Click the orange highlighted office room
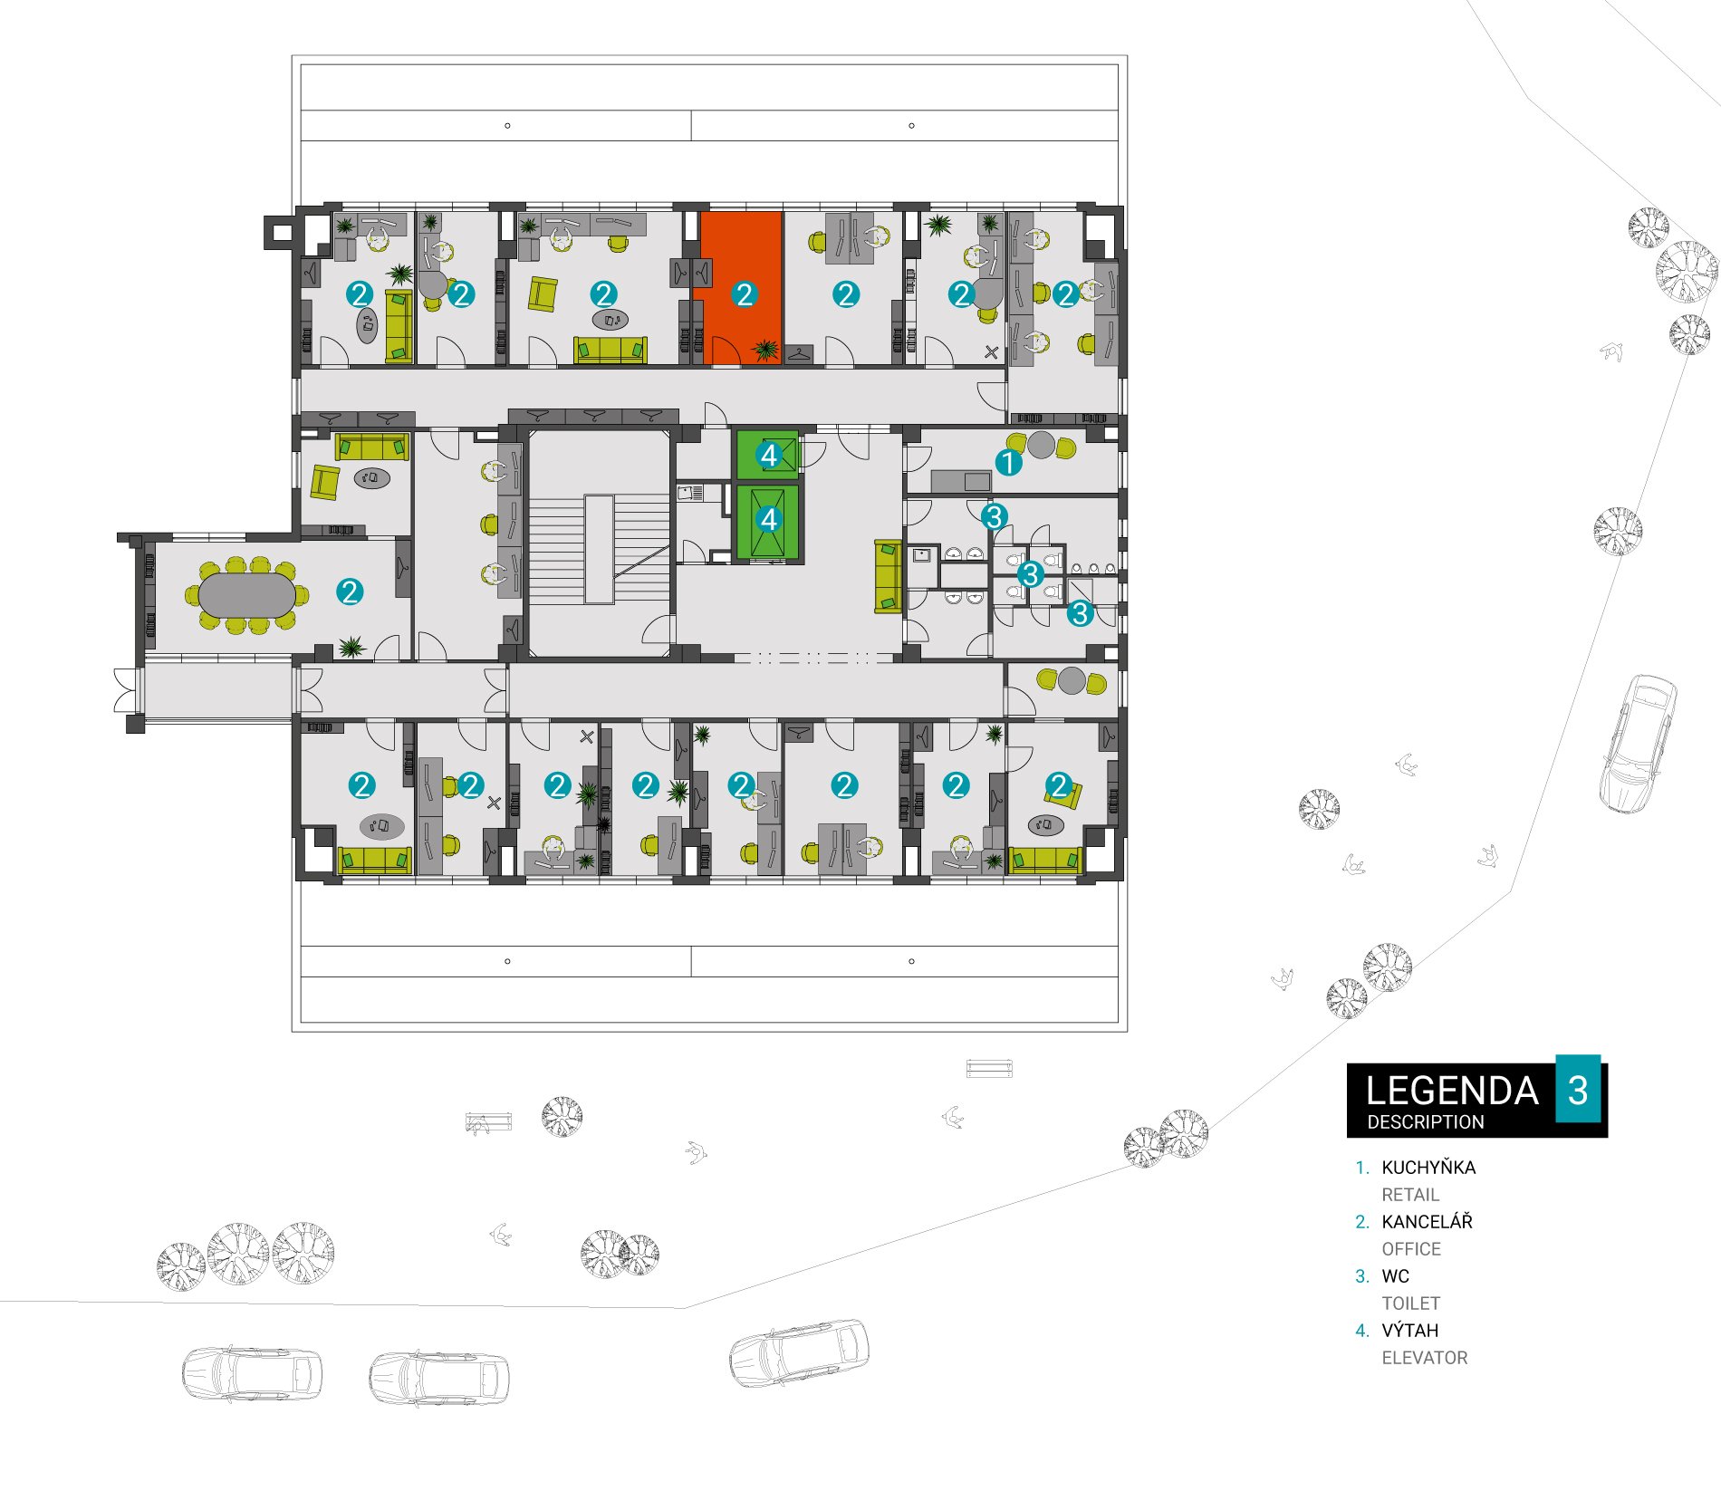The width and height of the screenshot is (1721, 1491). (741, 288)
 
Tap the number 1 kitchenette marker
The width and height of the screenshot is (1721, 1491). (1008, 463)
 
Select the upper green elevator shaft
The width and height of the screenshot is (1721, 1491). (768, 455)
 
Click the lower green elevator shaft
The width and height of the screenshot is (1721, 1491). (768, 520)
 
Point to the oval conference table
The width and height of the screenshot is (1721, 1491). (246, 595)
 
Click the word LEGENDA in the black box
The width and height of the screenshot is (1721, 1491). (1452, 1091)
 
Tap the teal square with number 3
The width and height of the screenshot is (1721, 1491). (1578, 1089)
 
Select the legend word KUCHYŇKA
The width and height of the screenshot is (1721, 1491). (1428, 1168)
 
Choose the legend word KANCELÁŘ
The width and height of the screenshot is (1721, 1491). (1427, 1222)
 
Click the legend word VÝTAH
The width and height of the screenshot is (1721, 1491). (1409, 1331)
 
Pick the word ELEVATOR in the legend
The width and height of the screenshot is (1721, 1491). (1424, 1358)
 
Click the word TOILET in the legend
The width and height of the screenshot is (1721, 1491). (1410, 1303)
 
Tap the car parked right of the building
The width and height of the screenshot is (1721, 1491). (1639, 743)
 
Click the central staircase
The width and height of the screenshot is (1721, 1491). (599, 549)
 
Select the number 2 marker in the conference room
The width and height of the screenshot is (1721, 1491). (350, 592)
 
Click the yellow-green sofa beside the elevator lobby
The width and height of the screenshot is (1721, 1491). (888, 577)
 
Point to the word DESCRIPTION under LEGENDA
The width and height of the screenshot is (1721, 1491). (1426, 1122)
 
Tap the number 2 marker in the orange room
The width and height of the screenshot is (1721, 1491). (745, 294)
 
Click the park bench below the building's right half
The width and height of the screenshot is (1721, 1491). (989, 1068)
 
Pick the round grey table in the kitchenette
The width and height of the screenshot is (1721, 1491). (1041, 445)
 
